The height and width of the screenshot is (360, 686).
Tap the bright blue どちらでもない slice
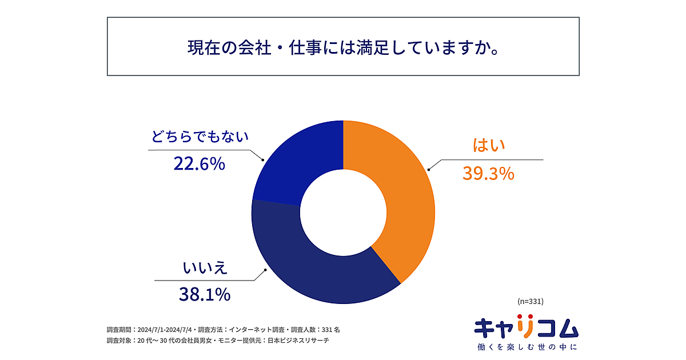[297, 160]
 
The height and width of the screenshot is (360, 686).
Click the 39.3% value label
[488, 173]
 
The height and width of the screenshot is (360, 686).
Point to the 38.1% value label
[205, 294]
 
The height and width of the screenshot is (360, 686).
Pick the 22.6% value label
[199, 165]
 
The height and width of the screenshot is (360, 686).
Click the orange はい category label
[489, 146]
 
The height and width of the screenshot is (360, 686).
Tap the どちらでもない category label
[200, 137]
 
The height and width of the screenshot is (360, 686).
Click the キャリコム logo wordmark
[526, 328]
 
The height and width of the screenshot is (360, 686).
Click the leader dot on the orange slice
[429, 169]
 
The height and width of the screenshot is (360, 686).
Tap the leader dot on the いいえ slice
[264, 271]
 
